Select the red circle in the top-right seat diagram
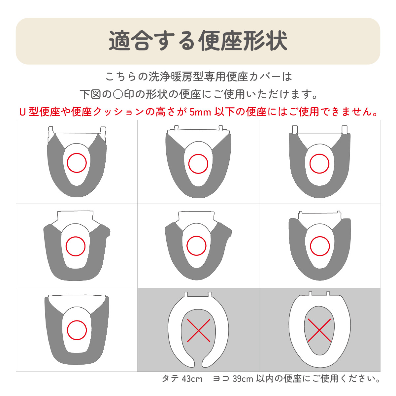[x=310, y=164]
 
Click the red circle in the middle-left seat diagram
[x=66, y=247]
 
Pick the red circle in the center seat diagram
[x=187, y=246]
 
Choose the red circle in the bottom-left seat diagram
[x=67, y=330]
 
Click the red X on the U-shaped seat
[x=199, y=331]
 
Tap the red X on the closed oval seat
[x=319, y=330]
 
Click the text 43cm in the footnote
[x=192, y=379]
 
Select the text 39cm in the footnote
[x=243, y=379]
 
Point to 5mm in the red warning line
[x=200, y=112]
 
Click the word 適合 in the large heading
[x=131, y=41]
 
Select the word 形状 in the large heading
[x=265, y=41]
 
